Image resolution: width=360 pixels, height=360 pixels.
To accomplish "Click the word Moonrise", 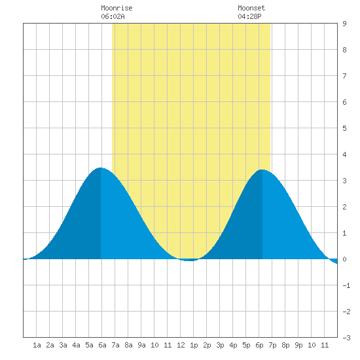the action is [x=117, y=8].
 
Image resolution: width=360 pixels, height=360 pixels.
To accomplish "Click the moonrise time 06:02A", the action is [x=113, y=16].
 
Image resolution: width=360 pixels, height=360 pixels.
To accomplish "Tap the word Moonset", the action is [x=251, y=8].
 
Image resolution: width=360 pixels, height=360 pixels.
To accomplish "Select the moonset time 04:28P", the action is [x=249, y=16].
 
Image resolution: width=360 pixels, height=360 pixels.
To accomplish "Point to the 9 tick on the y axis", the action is [x=344, y=24].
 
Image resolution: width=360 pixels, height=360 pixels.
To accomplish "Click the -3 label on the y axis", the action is [x=346, y=338].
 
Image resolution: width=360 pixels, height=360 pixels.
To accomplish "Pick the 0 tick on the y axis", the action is [x=344, y=259].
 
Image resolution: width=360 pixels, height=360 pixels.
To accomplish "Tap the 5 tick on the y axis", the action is [x=344, y=128].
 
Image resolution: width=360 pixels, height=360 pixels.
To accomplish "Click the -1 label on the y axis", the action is [x=346, y=285].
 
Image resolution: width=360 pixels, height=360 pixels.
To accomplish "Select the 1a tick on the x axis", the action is [x=37, y=345].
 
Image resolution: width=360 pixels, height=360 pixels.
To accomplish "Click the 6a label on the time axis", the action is [x=102, y=345].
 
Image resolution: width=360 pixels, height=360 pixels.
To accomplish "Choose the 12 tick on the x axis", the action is [x=181, y=345].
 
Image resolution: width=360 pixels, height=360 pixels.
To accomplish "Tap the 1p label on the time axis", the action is [x=194, y=345].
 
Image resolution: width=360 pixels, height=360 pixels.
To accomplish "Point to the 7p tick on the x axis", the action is [x=272, y=345].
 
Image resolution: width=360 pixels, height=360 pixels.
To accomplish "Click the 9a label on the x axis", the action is [x=141, y=345].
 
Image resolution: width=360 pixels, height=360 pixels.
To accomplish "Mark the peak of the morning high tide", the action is [x=101, y=168].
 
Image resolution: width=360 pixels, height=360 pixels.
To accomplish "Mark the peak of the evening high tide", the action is [x=262, y=170].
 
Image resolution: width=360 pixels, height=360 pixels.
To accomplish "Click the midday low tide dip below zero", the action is [x=189, y=261].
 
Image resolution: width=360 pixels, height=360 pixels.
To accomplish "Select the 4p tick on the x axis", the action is [x=233, y=345].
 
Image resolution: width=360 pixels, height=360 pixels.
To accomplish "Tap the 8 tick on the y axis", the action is [x=344, y=50].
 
